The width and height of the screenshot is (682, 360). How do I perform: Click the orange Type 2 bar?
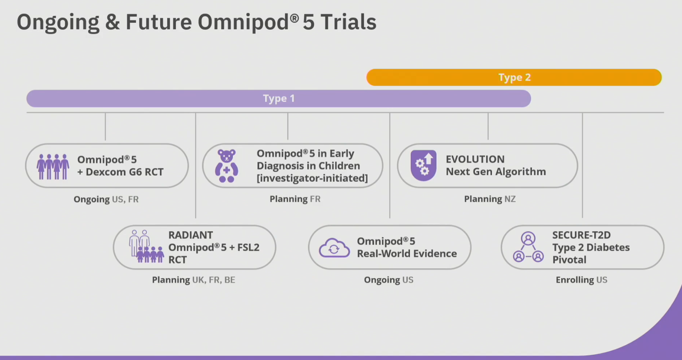(514, 77)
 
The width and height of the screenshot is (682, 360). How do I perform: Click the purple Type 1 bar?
(279, 98)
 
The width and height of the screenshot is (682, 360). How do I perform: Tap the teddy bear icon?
(226, 166)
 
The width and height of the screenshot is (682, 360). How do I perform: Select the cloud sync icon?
(334, 248)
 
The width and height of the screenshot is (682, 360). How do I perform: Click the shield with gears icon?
(423, 165)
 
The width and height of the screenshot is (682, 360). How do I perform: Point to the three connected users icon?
(528, 247)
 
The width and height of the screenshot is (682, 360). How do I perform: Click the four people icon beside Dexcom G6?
(53, 166)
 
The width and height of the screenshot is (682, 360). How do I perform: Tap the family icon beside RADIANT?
(146, 247)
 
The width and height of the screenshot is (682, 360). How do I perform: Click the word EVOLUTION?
(475, 159)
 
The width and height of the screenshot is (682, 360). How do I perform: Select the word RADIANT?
(190, 235)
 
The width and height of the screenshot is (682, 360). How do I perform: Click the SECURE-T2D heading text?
(582, 235)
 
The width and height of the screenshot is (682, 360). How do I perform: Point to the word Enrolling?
(575, 280)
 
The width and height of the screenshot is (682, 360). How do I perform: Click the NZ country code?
(510, 199)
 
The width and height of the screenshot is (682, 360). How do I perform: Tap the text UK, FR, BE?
(214, 280)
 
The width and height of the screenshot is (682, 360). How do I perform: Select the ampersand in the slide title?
(112, 22)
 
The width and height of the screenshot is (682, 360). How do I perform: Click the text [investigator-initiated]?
(312, 178)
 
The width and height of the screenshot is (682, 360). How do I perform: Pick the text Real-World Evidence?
(407, 254)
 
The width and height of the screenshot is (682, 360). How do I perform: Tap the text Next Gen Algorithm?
(496, 172)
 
